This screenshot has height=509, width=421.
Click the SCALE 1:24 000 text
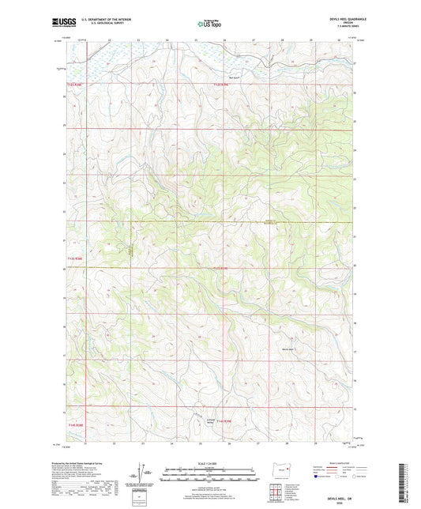coord(209,463)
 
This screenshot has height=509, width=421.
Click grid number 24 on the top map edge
coord(167,39)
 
